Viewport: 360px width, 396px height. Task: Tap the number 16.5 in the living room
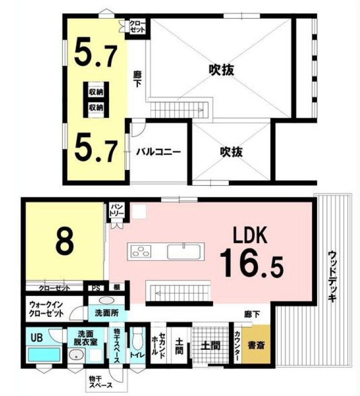point(250,264)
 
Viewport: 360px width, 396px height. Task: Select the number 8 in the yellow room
point(64,240)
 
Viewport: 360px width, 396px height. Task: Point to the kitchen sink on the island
point(183,252)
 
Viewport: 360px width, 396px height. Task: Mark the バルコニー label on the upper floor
point(158,152)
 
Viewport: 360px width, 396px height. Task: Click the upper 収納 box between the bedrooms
point(96,91)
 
